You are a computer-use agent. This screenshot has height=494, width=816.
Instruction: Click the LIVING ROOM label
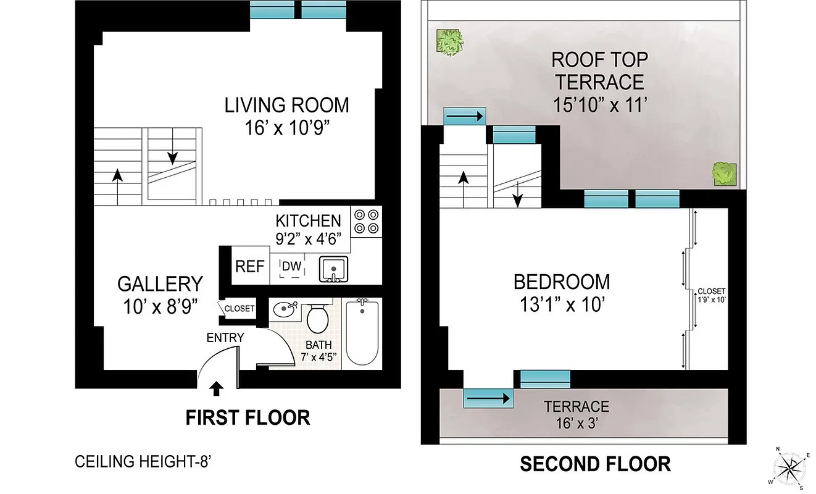point(286,105)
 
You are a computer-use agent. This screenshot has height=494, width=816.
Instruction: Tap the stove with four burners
point(366,222)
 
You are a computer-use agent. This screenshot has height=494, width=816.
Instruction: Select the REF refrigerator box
point(250,267)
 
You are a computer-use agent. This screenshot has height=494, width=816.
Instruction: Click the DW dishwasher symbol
point(291,267)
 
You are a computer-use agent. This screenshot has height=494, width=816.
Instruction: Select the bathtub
point(362,333)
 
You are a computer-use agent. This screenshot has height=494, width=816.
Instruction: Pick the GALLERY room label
point(160,284)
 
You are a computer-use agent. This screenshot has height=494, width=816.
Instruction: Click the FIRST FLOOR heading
point(248,418)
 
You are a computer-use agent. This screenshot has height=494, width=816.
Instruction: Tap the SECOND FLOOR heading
point(595,464)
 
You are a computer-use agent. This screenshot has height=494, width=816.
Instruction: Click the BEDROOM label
point(562,282)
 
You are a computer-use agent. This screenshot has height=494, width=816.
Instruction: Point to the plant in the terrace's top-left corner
point(450,43)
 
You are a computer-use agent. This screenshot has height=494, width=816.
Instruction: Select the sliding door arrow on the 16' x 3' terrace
point(488,399)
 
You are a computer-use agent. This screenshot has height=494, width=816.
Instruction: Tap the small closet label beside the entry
point(239,309)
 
